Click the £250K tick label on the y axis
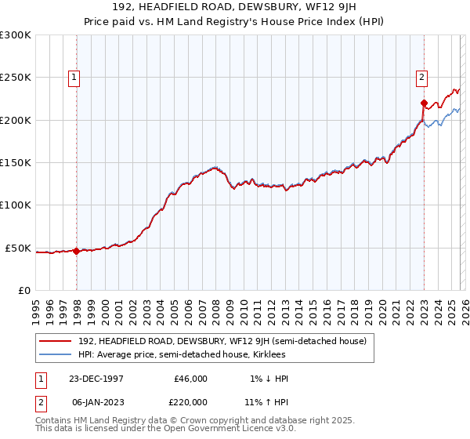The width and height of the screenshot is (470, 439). [16, 78]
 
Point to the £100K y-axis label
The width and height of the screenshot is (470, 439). [16, 205]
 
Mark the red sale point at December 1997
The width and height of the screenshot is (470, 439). [77, 252]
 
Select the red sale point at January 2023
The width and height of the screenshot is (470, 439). [424, 103]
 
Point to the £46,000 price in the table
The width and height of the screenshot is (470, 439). [191, 379]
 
